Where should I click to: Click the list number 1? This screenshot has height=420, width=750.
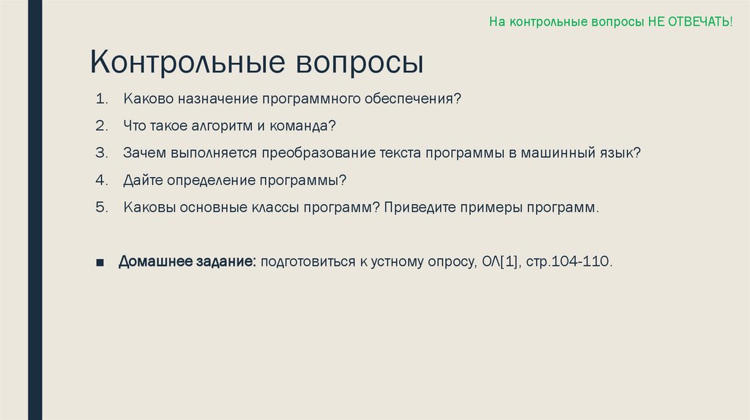tap(100, 98)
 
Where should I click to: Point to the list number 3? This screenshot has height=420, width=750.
tap(100, 153)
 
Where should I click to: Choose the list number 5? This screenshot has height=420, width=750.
tap(100, 207)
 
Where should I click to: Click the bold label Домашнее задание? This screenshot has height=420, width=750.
tap(187, 261)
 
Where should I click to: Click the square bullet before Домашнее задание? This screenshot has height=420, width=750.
tap(100, 262)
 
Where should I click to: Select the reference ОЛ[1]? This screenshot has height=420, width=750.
tap(500, 261)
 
